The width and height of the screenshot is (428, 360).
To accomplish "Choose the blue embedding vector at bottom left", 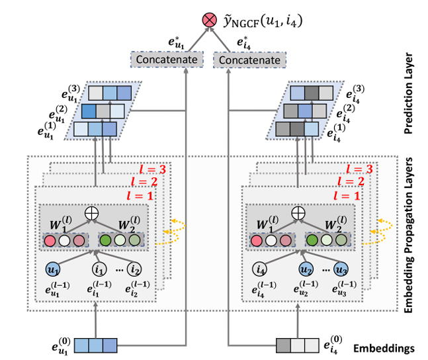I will [95, 345].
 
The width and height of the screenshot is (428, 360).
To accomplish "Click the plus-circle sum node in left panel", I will [93, 213].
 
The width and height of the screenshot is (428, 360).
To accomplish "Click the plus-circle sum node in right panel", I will [299, 213].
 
